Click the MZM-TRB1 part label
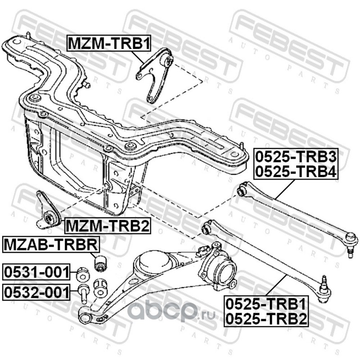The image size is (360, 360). (x=108, y=43)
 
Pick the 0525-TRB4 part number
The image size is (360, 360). (x=296, y=171)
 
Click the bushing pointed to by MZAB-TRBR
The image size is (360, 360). (x=100, y=263)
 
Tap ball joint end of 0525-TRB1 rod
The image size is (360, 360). (x=324, y=290)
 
